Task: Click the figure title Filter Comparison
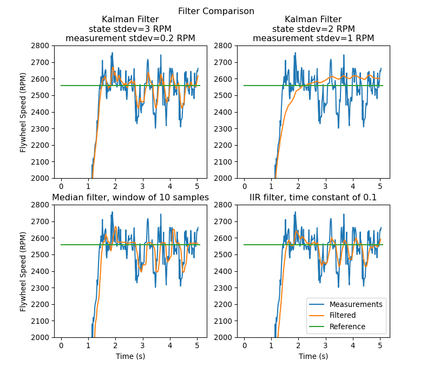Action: pos(216,11)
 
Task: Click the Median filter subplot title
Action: pos(130,198)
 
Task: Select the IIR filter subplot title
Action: pos(313,198)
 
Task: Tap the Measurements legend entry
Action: pos(356,304)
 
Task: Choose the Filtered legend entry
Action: pos(343,315)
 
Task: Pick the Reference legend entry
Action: pos(347,326)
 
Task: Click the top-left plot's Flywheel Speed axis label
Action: pos(23,112)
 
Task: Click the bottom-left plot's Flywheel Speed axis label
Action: pos(23,271)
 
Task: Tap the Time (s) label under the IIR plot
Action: pos(313,356)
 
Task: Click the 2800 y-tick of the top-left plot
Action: pos(41,46)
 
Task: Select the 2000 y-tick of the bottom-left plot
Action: pos(41,337)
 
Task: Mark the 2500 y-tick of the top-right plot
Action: pos(224,96)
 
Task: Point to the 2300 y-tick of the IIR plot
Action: pos(224,288)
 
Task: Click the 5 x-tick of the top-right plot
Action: pos(380,186)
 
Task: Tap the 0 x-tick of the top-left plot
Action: pos(62,186)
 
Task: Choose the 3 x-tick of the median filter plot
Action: pos(143,345)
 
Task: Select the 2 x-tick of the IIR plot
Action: pos(299,345)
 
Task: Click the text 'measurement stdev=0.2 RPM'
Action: pos(130,38)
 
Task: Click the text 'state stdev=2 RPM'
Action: pos(313,29)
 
